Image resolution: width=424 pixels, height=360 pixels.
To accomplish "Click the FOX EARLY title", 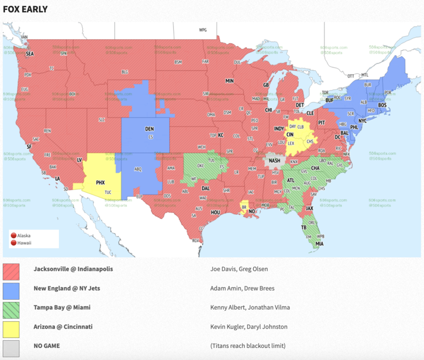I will click(25, 9).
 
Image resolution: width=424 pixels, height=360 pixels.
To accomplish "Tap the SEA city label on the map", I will click(30, 54).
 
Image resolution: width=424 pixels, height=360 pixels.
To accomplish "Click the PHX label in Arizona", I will click(100, 182).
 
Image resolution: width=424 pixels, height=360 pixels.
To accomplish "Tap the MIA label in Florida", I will click(320, 243).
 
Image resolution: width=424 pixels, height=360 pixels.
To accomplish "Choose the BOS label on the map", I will click(382, 105).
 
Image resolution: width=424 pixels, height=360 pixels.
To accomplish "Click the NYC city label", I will click(362, 120).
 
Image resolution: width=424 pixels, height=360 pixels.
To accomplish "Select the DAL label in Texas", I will click(205, 188).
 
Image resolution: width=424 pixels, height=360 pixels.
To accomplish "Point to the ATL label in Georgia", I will click(290, 179).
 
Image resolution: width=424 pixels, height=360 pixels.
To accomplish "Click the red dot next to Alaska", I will click(13, 235).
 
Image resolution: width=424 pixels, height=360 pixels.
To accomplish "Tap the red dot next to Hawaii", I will click(13, 242).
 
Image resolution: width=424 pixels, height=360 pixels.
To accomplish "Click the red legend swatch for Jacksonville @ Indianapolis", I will click(11, 271).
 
